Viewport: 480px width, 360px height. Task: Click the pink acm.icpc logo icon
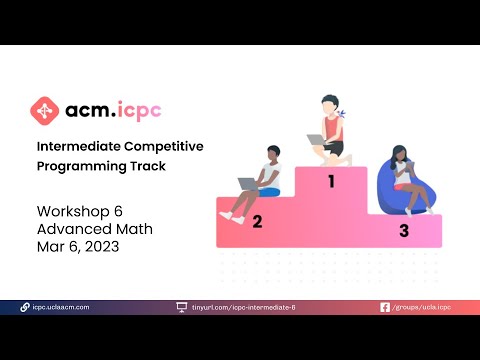[x=44, y=109]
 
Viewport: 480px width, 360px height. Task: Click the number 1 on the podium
[x=331, y=182]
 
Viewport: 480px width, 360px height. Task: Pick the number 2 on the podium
[x=257, y=221]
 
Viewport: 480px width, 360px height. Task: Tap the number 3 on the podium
[x=403, y=231]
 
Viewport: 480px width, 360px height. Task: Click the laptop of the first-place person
[x=317, y=140]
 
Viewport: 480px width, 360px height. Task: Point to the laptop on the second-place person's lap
[x=249, y=184]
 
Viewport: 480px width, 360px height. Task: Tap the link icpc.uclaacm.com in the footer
[x=61, y=307]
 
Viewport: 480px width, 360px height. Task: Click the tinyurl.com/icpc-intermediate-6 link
[x=243, y=307]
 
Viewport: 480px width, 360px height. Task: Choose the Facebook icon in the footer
[x=385, y=307]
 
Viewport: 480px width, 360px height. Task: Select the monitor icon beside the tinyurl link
[x=181, y=307]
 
